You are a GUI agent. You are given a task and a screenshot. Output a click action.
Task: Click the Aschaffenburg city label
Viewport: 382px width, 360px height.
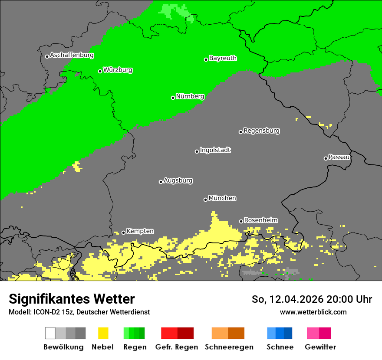(72, 56)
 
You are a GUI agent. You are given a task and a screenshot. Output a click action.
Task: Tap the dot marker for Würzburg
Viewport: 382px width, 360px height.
(100, 71)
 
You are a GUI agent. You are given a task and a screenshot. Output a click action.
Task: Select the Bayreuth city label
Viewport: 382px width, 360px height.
(223, 58)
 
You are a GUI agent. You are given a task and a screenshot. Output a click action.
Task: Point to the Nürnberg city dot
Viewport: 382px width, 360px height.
(173, 98)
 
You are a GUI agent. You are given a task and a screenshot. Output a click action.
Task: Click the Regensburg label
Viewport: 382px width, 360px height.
(261, 131)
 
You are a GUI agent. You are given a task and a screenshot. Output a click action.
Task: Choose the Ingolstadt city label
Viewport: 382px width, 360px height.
(215, 150)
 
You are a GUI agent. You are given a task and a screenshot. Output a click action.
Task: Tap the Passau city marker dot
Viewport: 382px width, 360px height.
(326, 158)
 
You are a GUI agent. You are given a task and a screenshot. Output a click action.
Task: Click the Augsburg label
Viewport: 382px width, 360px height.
(178, 180)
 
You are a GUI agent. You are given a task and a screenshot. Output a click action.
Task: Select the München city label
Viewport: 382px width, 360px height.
(222, 198)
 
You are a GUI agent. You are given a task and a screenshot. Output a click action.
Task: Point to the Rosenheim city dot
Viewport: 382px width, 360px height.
(241, 221)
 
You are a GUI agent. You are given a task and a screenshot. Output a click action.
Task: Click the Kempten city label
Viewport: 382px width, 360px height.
(140, 231)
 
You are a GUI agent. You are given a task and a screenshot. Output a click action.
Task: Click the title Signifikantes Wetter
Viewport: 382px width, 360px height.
(72, 299)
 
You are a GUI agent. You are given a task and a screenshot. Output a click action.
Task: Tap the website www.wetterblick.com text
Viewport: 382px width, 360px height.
(313, 312)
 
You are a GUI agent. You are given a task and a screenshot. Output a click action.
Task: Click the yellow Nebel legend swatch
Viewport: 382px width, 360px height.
(103, 333)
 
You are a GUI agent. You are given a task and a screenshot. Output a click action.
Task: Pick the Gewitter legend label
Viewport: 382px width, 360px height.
(320, 347)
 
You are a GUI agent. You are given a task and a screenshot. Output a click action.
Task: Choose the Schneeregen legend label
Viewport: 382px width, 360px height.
(229, 347)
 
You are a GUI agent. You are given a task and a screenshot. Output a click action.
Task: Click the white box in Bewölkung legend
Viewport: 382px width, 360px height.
(50, 333)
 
